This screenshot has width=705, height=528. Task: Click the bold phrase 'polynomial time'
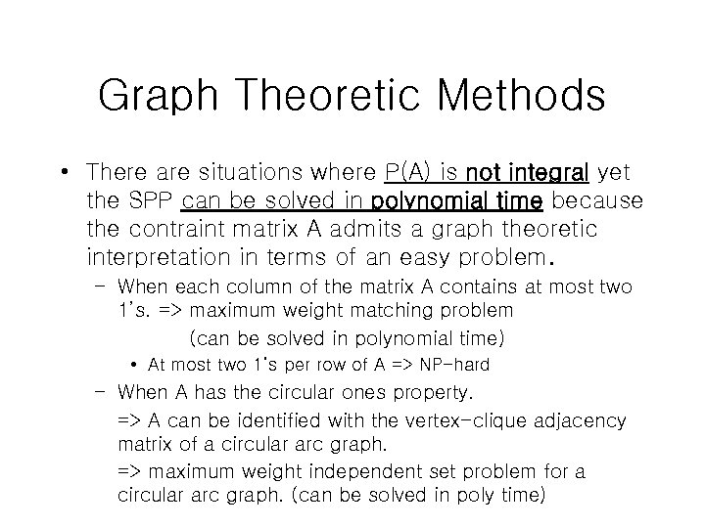coord(454,201)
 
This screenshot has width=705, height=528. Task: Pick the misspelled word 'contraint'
coord(171,230)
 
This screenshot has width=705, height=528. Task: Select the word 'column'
coord(262,287)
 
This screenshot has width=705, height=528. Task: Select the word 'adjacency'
coord(582,420)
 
